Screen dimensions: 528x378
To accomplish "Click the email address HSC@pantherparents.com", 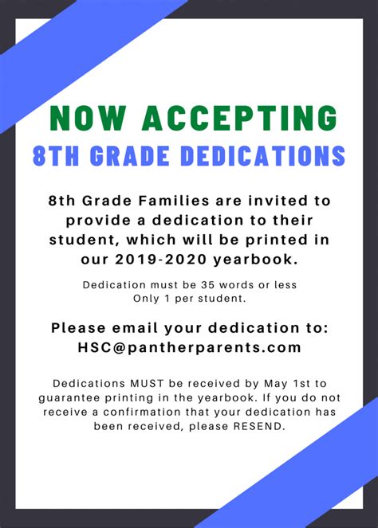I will tap(190, 347).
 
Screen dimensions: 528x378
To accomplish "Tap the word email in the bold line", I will tap(137, 327).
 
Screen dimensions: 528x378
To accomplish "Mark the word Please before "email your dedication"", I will tap(79, 327).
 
